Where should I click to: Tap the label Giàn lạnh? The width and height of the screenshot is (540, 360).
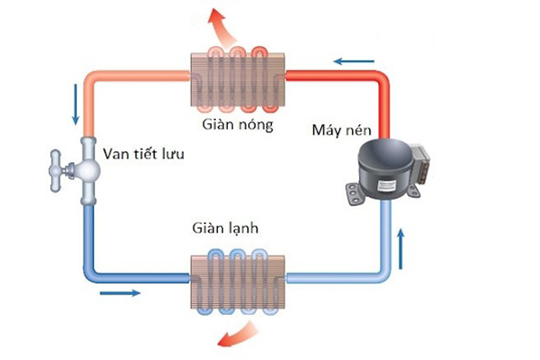click(225, 229)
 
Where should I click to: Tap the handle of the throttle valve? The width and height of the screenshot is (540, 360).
click(56, 169)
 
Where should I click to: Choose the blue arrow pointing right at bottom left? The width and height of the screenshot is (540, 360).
click(120, 292)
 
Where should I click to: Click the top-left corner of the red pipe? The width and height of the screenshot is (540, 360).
click(90, 77)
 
